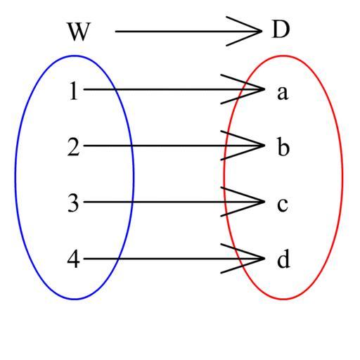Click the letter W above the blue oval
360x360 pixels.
click(79, 32)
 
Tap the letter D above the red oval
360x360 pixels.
click(281, 30)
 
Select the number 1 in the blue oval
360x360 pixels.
click(74, 91)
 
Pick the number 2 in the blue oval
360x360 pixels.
click(74, 147)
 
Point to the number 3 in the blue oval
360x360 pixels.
click(73, 203)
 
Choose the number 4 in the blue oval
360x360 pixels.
click(73, 259)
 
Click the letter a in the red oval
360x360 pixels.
click(283, 93)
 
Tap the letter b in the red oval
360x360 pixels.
click(283, 147)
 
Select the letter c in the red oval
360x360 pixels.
click(283, 205)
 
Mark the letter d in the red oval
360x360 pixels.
click(283, 259)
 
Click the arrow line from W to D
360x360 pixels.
click(188, 31)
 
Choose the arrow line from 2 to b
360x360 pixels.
click(174, 146)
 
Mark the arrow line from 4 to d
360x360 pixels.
click(174, 259)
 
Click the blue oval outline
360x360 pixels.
click(15, 177)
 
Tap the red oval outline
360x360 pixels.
click(342, 177)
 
